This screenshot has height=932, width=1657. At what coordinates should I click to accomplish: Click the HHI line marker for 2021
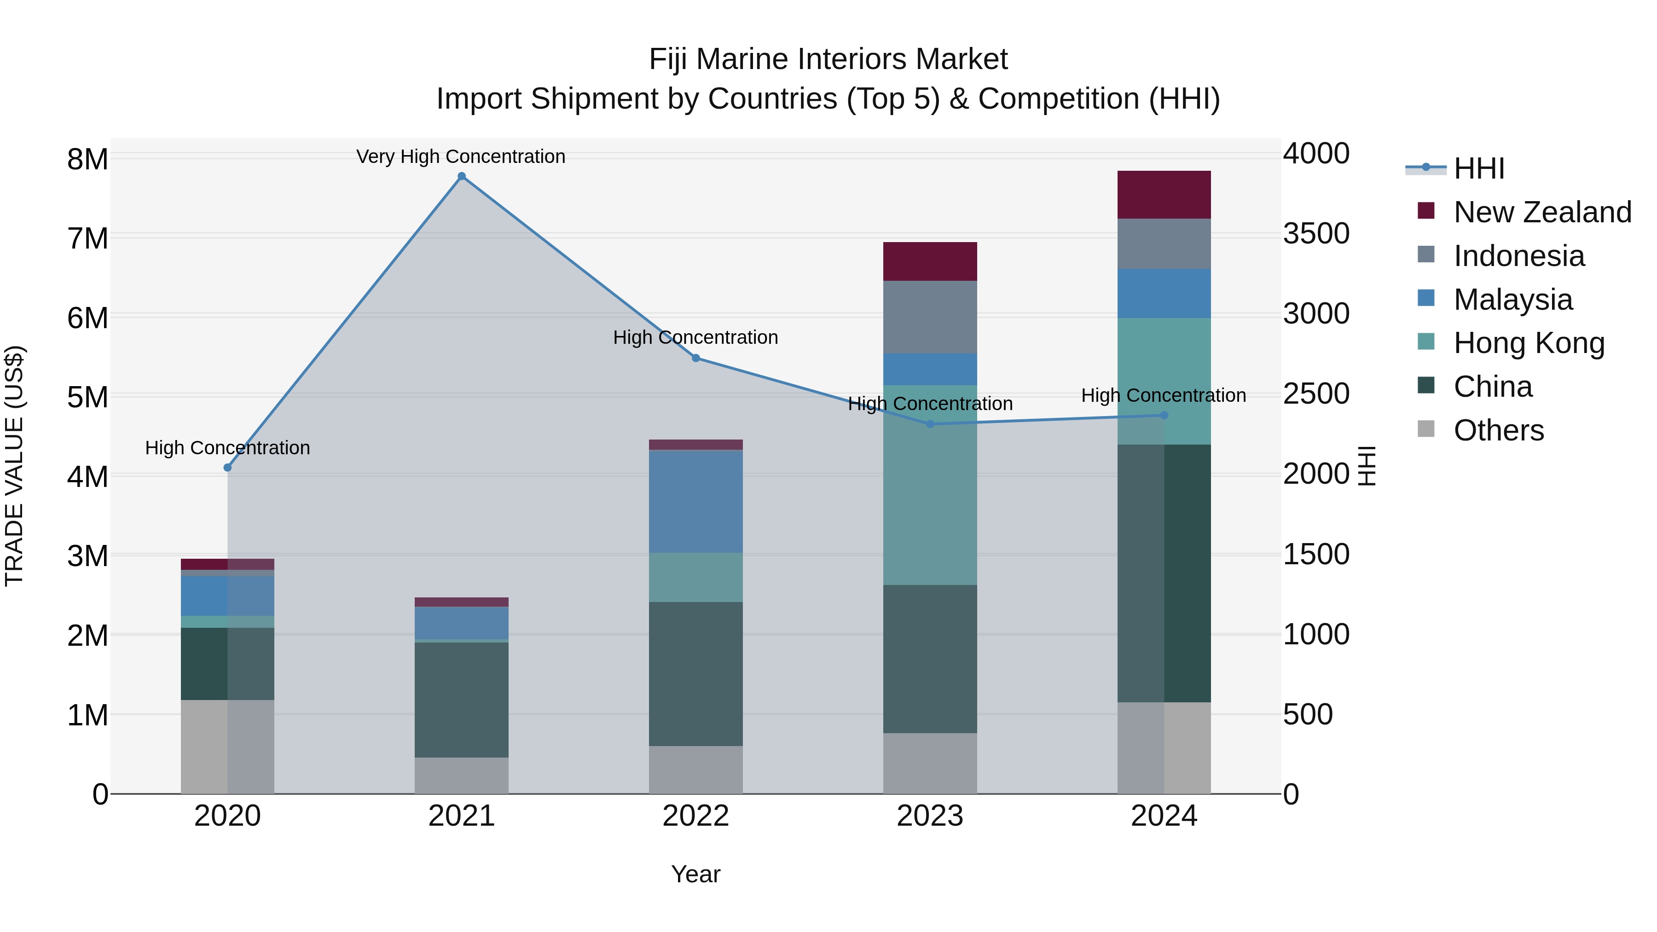(x=461, y=176)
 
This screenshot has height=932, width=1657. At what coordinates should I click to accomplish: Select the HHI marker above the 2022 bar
(x=695, y=358)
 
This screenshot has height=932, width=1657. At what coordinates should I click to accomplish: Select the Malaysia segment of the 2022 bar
(x=695, y=501)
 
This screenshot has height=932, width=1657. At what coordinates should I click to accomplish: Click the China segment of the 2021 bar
(x=461, y=700)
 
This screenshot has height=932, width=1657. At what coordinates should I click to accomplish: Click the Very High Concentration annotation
(x=461, y=157)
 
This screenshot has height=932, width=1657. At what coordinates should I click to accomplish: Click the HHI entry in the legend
(x=1478, y=168)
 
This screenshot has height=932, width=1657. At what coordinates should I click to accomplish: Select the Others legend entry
(x=1498, y=430)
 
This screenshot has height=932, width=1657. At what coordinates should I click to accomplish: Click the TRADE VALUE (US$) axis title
(x=14, y=466)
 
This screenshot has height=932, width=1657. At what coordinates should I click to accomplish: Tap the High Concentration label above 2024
(x=1163, y=395)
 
